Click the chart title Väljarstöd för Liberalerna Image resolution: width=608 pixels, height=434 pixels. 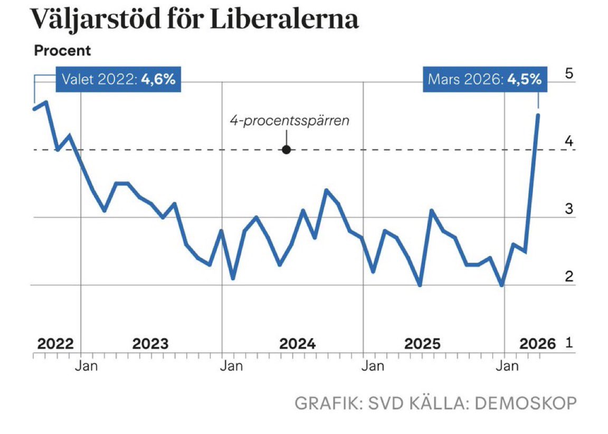tap(195, 20)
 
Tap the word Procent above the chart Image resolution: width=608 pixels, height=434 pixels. tap(62, 51)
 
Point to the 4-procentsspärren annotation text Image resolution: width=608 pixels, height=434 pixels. tap(289, 121)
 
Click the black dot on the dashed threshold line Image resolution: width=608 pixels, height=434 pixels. tap(286, 150)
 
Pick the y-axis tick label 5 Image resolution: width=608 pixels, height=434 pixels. tap(569, 73)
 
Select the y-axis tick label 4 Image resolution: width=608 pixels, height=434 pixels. tap(569, 141)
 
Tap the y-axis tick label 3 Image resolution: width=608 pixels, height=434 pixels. tap(569, 209)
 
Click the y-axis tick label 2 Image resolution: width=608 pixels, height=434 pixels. tap(569, 276)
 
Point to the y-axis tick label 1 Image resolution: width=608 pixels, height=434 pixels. tap(569, 344)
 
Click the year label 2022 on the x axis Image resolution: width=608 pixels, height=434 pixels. tap(55, 344)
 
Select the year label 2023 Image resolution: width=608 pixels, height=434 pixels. tap(150, 344)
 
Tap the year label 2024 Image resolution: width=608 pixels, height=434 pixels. tap(297, 344)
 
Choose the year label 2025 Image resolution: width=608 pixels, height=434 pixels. tap(422, 344)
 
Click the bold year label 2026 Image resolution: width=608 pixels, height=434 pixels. tap(538, 344)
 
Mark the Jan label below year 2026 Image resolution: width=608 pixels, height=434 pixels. tap(508, 365)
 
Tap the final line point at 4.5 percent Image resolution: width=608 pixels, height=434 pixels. tap(538, 114)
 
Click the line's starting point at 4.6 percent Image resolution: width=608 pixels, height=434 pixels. tap(34, 109)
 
